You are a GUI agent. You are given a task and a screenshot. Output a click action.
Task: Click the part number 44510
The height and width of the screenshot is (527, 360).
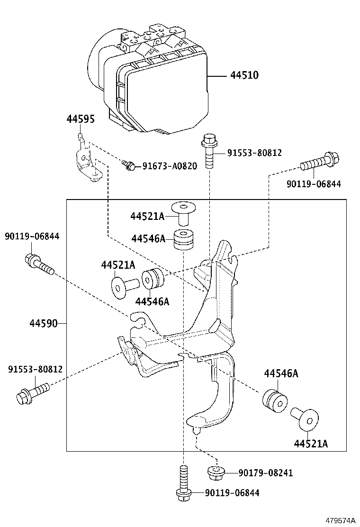click(244, 75)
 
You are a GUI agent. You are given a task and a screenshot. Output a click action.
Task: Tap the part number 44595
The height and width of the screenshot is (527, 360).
click(80, 119)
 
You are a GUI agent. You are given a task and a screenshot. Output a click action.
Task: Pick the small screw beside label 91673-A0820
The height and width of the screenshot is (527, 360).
click(128, 165)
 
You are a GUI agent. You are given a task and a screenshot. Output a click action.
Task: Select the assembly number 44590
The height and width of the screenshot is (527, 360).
click(44, 324)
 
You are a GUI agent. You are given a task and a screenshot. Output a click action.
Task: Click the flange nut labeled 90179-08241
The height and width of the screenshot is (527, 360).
click(216, 472)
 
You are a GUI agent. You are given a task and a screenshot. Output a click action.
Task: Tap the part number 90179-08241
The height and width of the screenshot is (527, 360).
click(266, 472)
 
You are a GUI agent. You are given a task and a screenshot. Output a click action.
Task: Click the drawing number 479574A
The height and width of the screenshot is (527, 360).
click(340, 520)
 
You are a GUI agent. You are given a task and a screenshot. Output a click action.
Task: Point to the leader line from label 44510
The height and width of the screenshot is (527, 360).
click(218, 75)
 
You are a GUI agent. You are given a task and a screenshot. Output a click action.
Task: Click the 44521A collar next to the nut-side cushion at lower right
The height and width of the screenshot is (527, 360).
click(305, 417)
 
